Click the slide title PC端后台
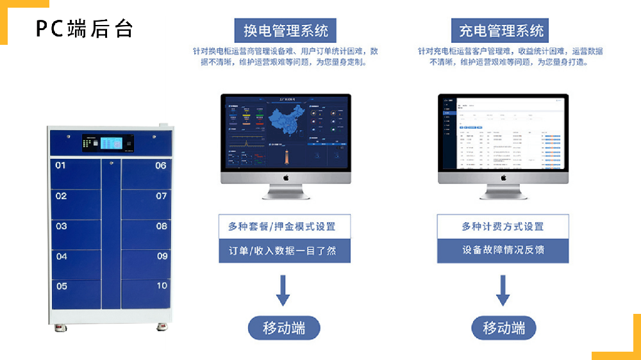tap(84, 29)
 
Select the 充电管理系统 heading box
tap(503, 30)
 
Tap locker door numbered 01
tap(76, 173)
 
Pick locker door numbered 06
tap(146, 173)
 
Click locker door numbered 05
tap(76, 293)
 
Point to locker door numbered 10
tap(146, 293)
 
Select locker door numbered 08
tap(146, 234)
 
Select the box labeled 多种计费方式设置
tap(503, 226)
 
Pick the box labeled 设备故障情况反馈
tap(503, 250)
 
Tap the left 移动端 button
tap(284, 328)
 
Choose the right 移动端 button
tap(504, 328)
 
